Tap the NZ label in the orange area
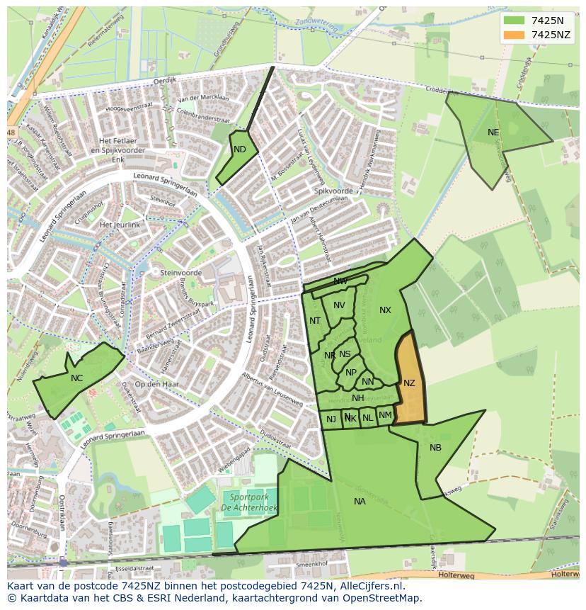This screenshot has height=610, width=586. tap(409, 383)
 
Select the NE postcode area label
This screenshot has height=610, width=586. tap(493, 132)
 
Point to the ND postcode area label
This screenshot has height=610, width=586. tap(240, 149)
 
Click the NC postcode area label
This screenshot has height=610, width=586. tap(76, 378)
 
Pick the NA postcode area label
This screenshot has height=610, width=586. tap(360, 502)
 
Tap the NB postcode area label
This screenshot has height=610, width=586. tap(435, 448)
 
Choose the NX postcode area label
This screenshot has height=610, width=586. tap(385, 310)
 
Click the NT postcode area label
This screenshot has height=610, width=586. tap(315, 321)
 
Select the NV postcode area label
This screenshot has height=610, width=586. tap(339, 305)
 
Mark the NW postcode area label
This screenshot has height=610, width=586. tap(340, 281)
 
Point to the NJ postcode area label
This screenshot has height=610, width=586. tap(331, 419)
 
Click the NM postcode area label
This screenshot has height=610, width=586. tap(385, 415)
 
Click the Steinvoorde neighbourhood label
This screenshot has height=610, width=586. tap(181, 273)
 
